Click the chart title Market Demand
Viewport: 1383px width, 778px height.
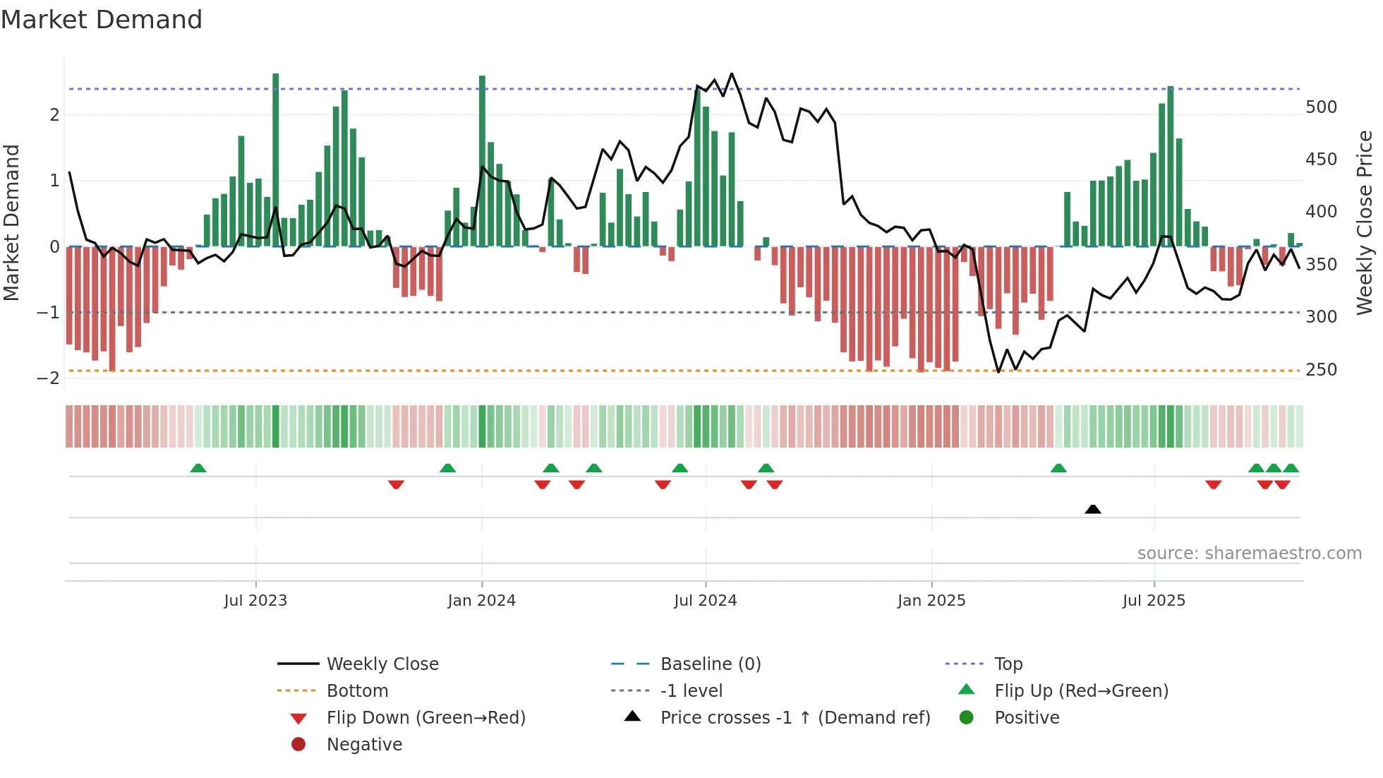(x=102, y=19)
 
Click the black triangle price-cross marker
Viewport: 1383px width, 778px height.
(x=1092, y=509)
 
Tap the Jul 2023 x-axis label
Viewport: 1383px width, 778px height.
(x=255, y=601)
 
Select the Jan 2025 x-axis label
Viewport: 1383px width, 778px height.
(x=931, y=601)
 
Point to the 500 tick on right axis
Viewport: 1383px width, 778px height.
(x=1321, y=107)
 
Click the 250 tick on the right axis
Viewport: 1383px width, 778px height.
(x=1321, y=370)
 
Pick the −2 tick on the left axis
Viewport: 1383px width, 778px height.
(x=48, y=378)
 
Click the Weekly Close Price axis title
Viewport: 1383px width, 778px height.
(x=1365, y=222)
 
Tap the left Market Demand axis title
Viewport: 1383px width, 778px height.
(x=11, y=222)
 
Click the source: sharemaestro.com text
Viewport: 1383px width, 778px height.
(x=1249, y=553)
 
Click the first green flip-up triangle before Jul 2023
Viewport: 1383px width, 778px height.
(x=198, y=468)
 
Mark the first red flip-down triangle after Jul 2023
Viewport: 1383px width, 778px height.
(x=396, y=484)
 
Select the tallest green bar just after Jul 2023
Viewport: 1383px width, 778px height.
(x=275, y=160)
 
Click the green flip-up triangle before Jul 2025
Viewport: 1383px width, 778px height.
(x=1058, y=468)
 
